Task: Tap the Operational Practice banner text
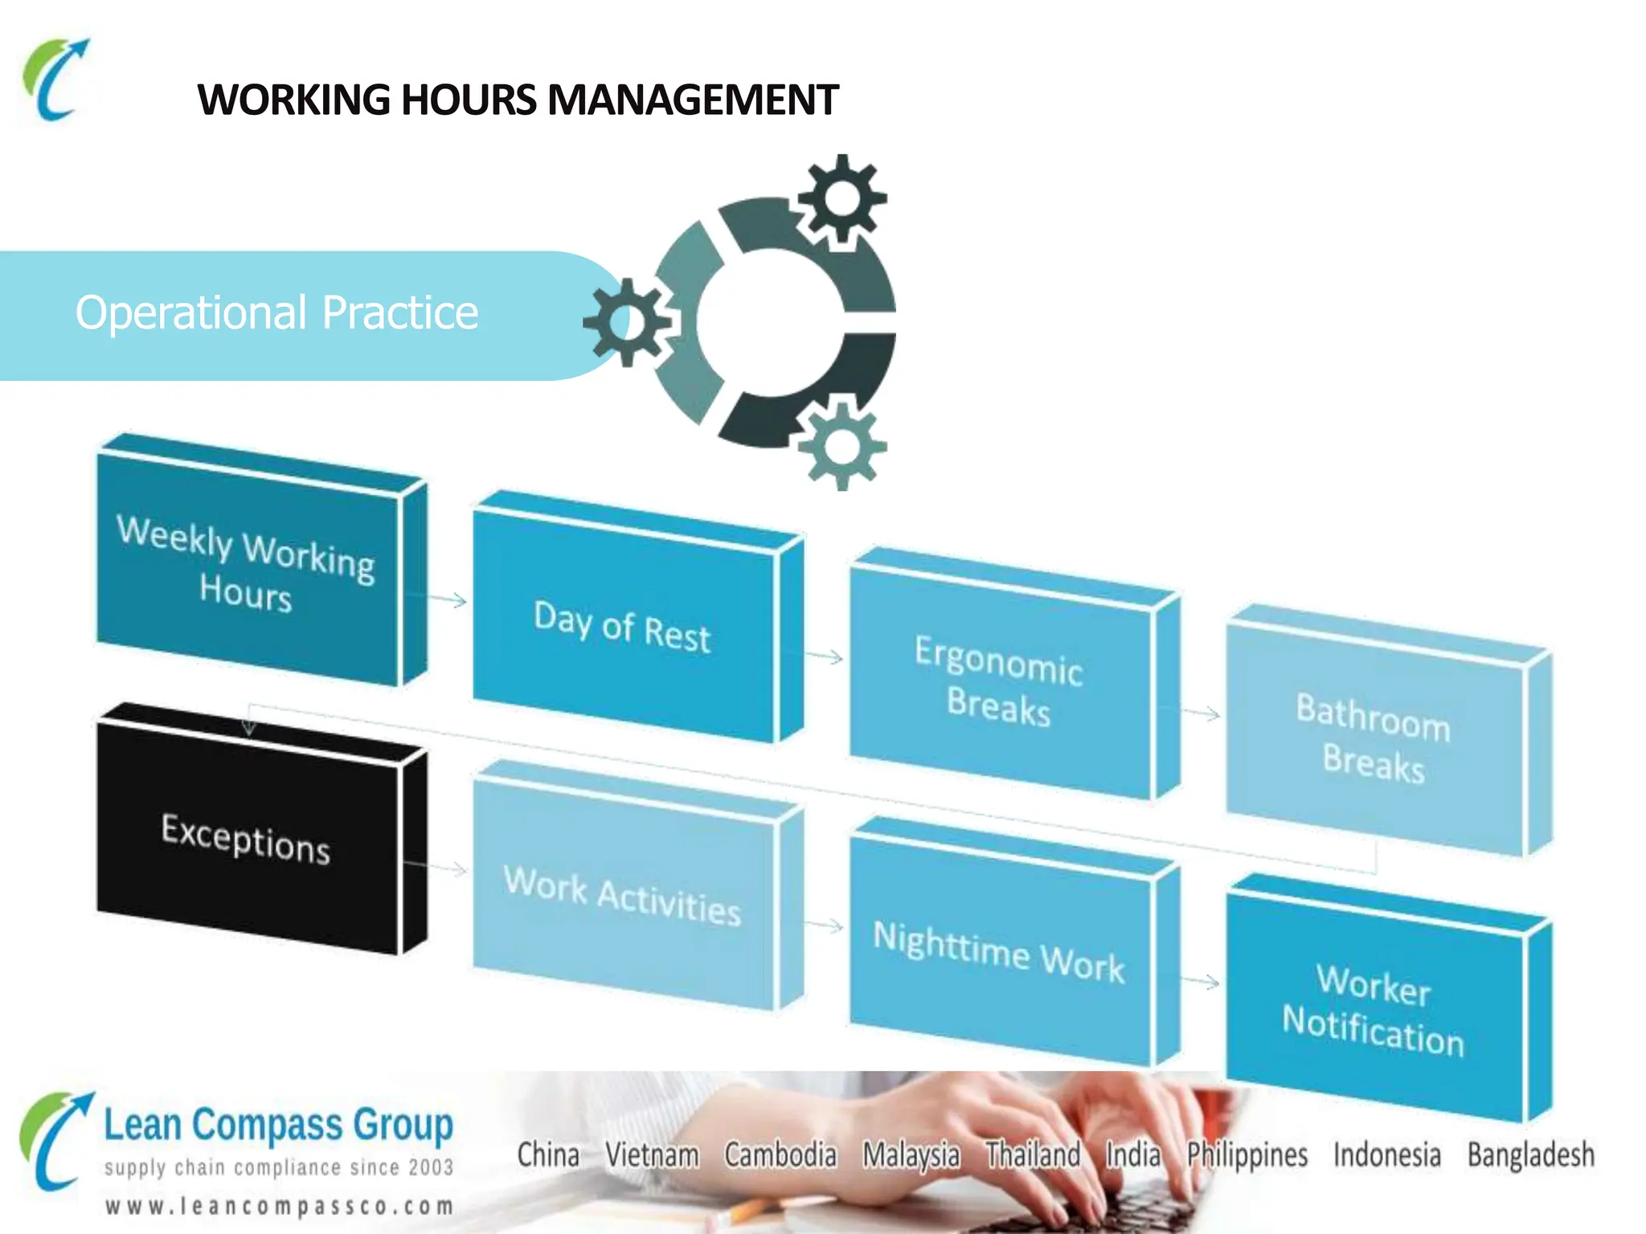(x=276, y=313)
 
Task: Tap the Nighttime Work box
(x=999, y=952)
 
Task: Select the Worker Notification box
(x=1374, y=1009)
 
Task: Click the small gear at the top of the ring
(x=841, y=198)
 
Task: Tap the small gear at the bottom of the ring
(x=841, y=444)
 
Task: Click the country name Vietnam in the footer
(x=652, y=1155)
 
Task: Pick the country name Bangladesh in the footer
(x=1530, y=1155)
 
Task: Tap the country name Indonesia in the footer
(x=1386, y=1155)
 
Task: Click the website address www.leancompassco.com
(x=279, y=1206)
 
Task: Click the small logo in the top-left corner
(x=55, y=80)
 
